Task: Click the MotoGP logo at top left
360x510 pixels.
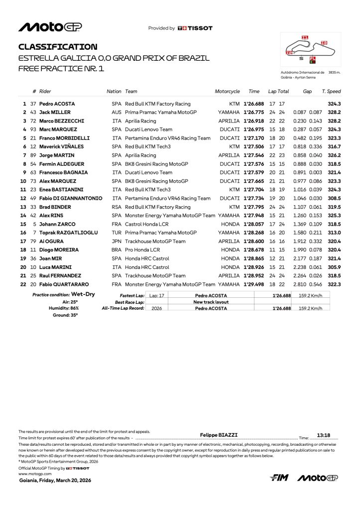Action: coord(50,27)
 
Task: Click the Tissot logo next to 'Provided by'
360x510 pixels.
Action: coord(195,28)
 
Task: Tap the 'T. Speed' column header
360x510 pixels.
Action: coord(331,92)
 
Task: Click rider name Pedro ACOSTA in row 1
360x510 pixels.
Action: coord(57,104)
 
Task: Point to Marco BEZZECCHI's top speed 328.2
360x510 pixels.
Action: coord(334,121)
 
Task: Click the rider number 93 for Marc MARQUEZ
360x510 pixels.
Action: coord(33,129)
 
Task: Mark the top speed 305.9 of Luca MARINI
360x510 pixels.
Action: coord(334,267)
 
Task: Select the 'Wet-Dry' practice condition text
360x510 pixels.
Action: coord(83,294)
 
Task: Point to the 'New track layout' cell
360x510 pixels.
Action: coord(211,302)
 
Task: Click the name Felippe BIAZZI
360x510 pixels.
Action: coord(218,435)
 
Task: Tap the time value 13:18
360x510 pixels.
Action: coord(324,435)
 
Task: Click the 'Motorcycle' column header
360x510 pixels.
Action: coord(227,92)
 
